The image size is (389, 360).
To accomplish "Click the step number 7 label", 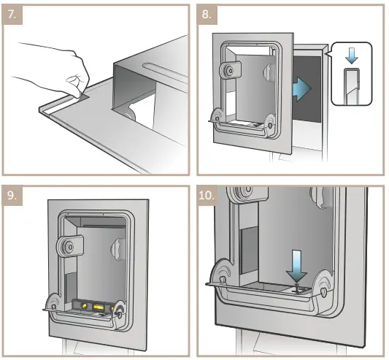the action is (x=12, y=15).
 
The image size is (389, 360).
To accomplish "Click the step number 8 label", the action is (x=207, y=15).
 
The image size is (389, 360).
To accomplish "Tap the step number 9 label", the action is (x=12, y=196).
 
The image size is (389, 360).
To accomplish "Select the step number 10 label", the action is (x=207, y=196).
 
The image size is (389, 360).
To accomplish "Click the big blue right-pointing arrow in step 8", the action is (x=301, y=88).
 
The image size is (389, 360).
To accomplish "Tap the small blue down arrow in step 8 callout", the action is (x=352, y=56).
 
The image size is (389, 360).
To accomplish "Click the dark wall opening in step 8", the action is (x=308, y=89).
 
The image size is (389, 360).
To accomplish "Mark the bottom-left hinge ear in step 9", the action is (x=53, y=303).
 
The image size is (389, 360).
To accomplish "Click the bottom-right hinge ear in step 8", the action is (x=270, y=123).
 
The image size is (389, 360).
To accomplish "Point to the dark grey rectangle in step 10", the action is (x=249, y=250).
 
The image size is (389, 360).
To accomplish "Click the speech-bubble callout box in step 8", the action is (x=352, y=74).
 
